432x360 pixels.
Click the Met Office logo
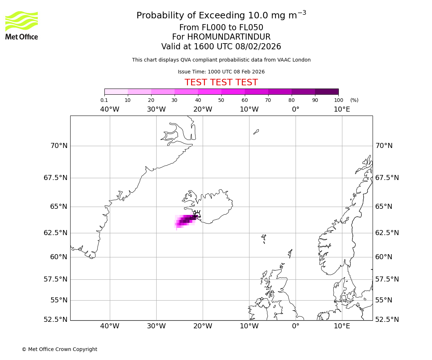22,25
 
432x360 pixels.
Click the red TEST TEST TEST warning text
221,82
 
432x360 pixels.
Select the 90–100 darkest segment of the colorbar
327,91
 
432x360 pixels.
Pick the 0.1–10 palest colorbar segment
116,91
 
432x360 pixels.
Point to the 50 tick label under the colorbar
221,100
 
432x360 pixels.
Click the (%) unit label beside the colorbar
354,100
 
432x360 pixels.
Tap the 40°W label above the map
109,109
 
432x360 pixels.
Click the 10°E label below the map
342,326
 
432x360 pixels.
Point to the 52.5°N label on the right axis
387,319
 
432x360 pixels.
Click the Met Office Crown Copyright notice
59,349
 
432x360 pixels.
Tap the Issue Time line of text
221,72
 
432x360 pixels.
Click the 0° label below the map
296,326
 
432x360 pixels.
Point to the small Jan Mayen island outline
256,132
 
